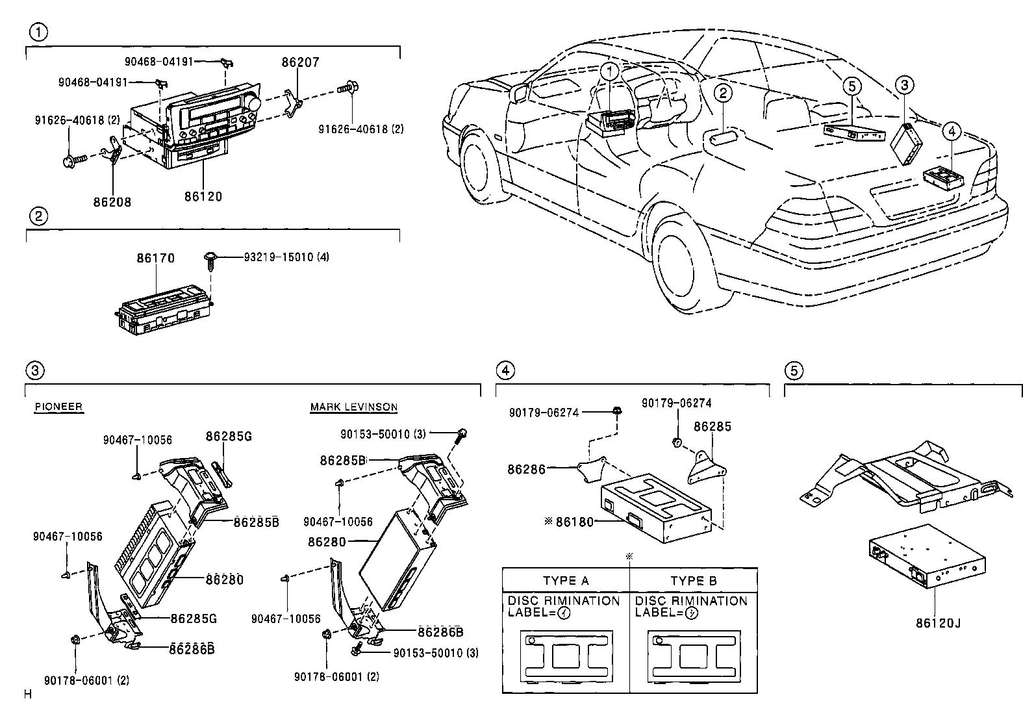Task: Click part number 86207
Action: coord(300,62)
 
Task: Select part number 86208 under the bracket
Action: coord(112,202)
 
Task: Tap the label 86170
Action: coord(155,258)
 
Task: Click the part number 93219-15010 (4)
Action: coord(286,257)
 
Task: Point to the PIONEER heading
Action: coord(58,407)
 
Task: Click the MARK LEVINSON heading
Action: coord(353,407)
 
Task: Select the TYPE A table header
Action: coord(566,580)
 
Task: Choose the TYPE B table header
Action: coord(694,580)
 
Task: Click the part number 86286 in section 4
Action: coord(527,468)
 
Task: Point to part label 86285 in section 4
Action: coord(712,427)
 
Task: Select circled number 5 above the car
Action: coord(851,85)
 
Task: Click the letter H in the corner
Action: coord(28,695)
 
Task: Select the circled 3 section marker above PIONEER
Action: coord(34,371)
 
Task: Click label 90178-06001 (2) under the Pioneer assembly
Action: coord(86,680)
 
